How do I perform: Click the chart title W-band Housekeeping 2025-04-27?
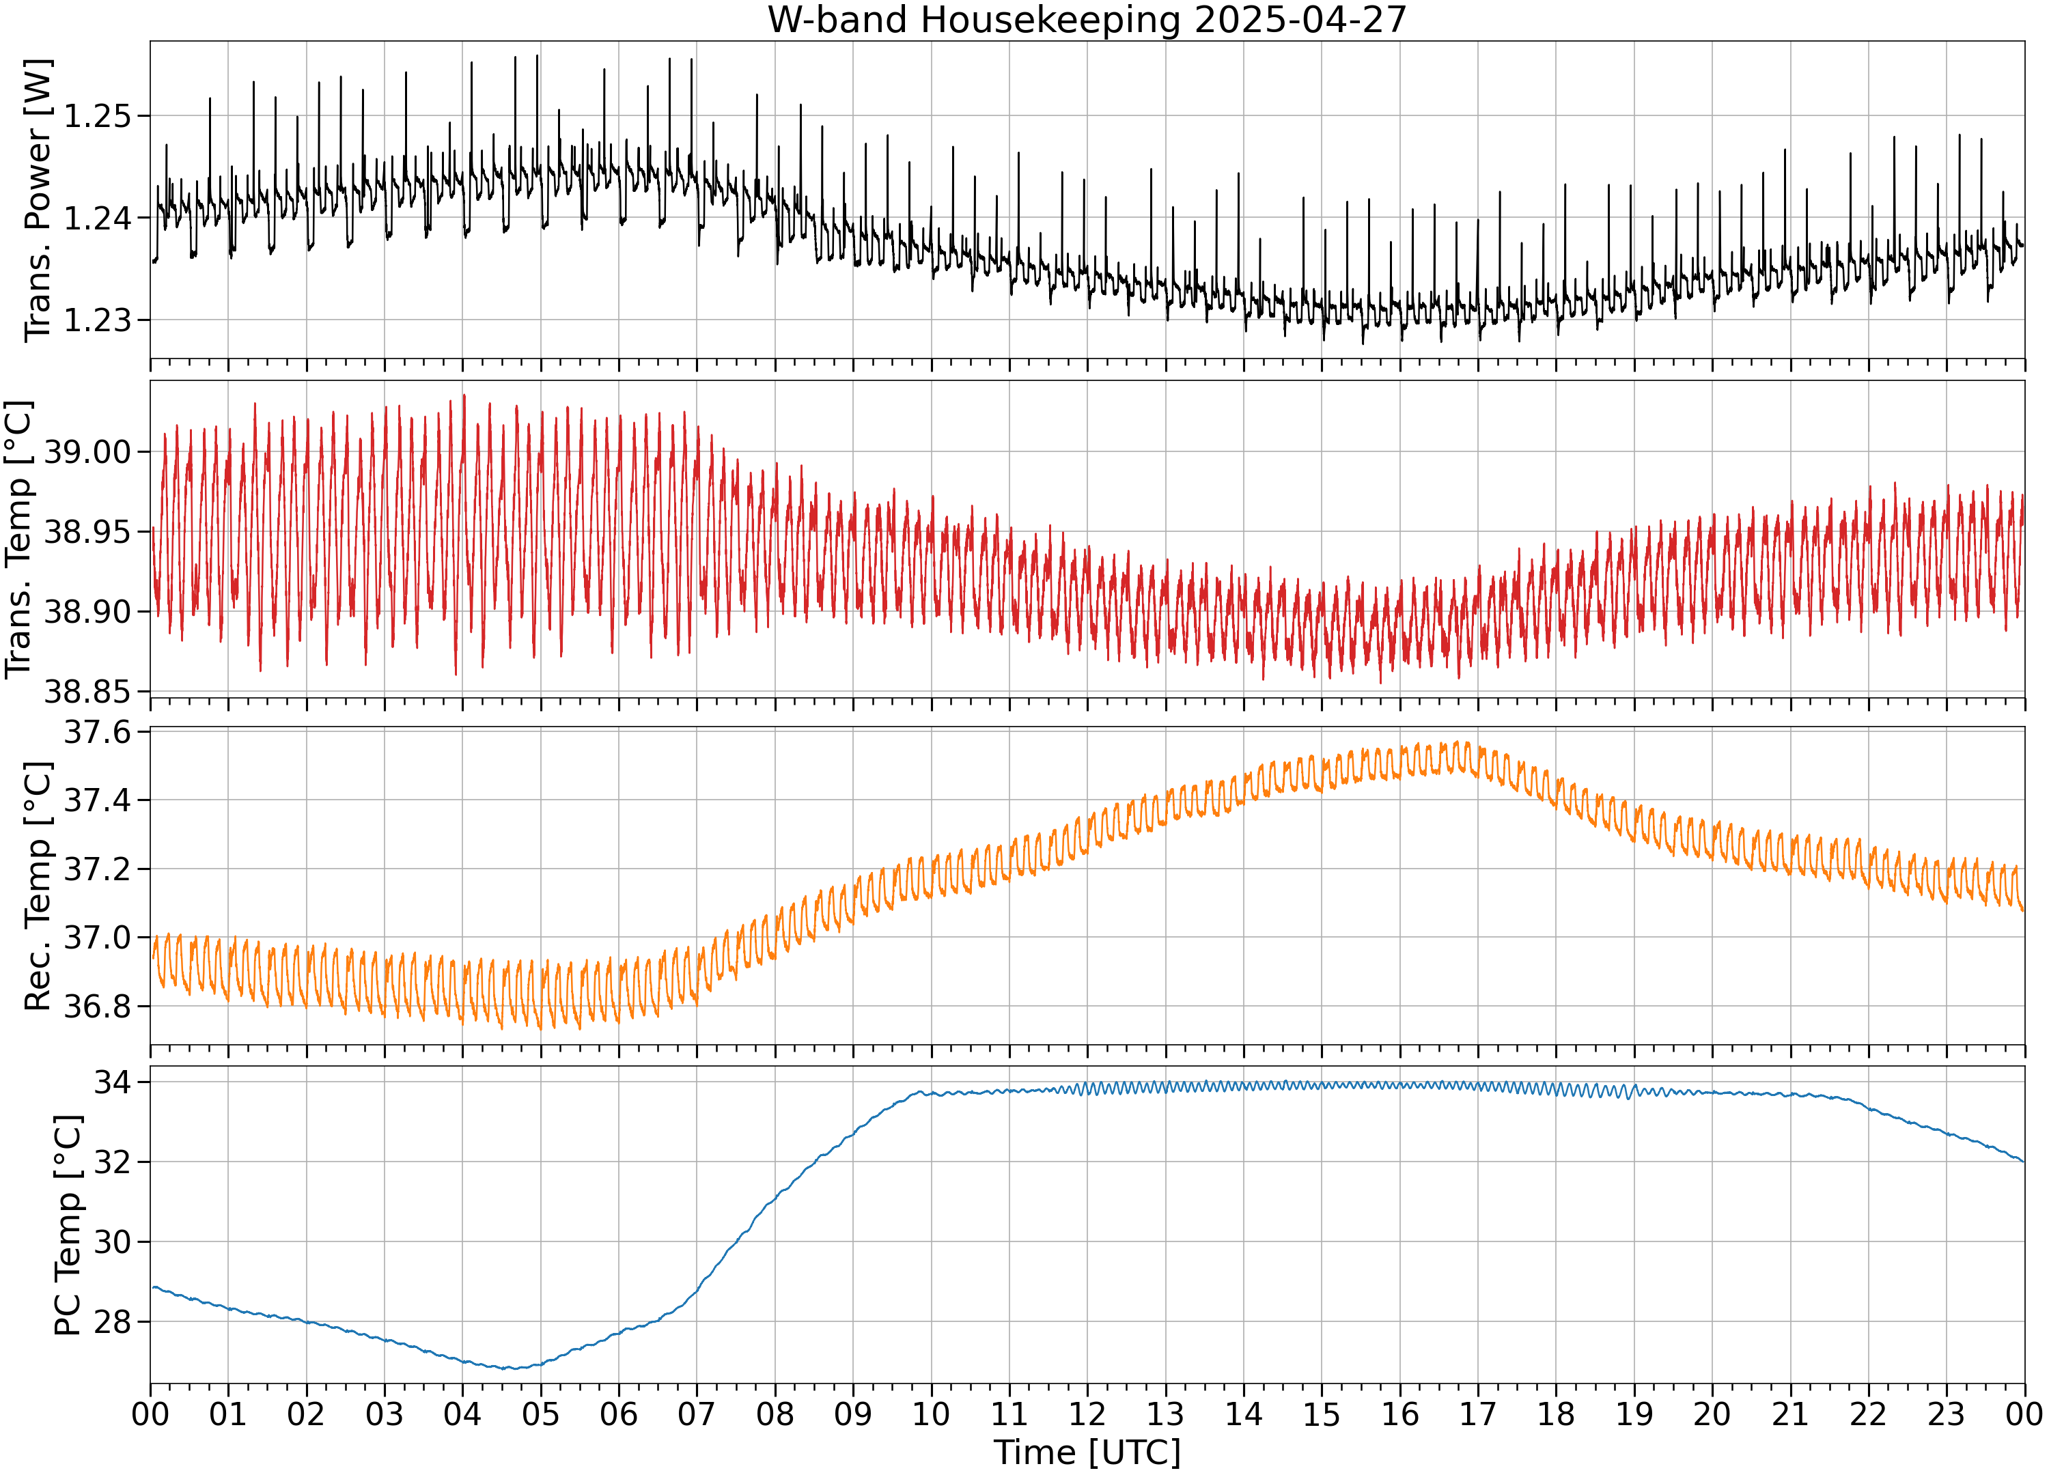[x=1087, y=20]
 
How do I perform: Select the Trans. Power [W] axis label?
[x=38, y=201]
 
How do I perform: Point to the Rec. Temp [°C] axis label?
[x=38, y=886]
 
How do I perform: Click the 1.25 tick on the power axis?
[x=97, y=117]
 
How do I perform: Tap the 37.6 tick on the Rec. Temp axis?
[x=97, y=731]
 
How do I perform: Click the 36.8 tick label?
[x=97, y=1007]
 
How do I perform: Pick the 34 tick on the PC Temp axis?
[x=113, y=1082]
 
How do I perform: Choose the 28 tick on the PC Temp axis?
[x=113, y=1322]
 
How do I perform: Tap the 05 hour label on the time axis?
[x=540, y=1414]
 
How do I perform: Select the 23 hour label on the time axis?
[x=1946, y=1414]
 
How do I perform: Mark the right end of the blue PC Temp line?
[x=2024, y=1162]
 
